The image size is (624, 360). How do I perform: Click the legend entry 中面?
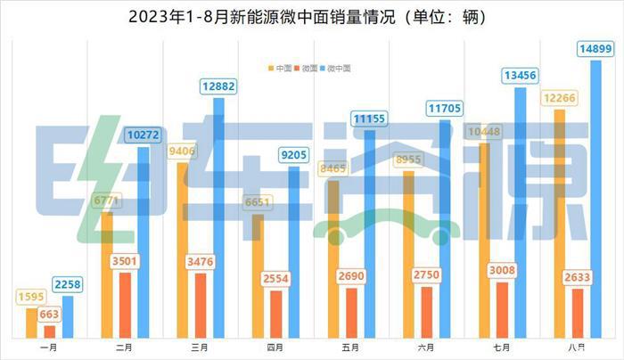pyautogui.click(x=283, y=68)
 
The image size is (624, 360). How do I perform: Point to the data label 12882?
pyautogui.click(x=218, y=86)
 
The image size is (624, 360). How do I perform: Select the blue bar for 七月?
pyautogui.click(x=521, y=214)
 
